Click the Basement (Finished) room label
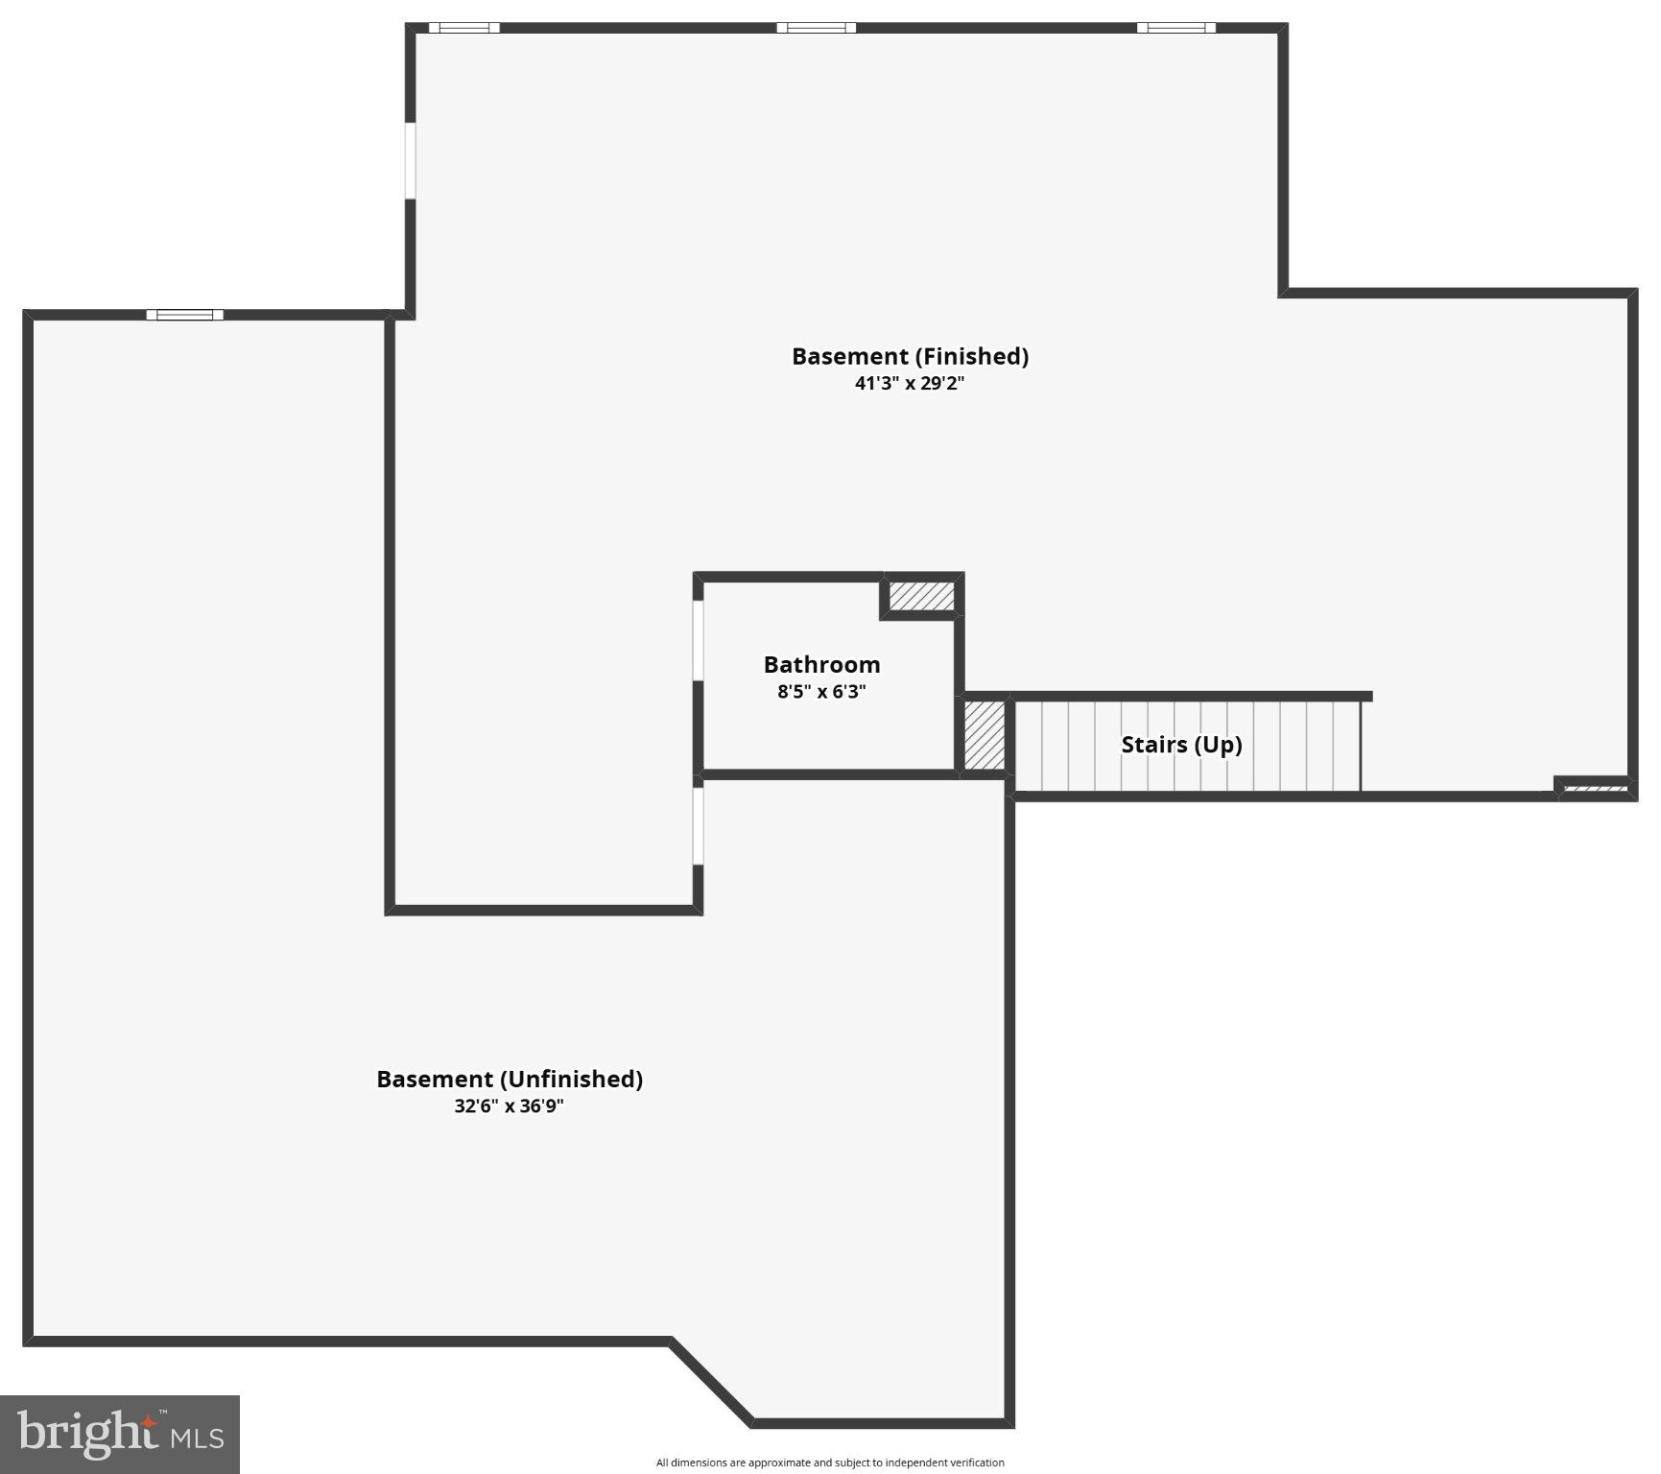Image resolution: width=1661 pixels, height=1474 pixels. point(910,356)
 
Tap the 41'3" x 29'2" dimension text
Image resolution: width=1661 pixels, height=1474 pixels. point(910,384)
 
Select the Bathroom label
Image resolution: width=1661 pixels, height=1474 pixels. point(821,664)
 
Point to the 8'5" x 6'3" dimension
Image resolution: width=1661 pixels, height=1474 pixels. point(821,692)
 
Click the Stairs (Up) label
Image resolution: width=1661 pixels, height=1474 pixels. point(1181,745)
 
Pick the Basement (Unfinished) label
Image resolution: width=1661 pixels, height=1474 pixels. point(510,1079)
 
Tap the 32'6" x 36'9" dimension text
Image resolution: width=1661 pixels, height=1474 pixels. point(509,1105)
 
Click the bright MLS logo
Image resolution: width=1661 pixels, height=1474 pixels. point(120,1434)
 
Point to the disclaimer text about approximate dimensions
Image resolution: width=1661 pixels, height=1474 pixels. point(830,1462)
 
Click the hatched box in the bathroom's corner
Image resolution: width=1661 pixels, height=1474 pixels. point(921,596)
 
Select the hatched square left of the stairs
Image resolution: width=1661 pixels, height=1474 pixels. point(984,735)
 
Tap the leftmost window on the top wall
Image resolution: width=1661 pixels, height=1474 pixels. point(463,28)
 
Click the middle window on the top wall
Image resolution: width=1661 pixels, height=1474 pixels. point(816,28)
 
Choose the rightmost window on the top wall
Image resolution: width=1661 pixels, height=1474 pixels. point(1175,28)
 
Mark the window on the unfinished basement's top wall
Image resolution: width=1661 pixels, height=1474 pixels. point(184,315)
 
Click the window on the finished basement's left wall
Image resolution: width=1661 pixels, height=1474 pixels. point(410,160)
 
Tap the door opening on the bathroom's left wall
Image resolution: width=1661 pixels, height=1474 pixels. point(699,641)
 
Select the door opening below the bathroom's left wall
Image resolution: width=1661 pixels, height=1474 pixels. point(699,825)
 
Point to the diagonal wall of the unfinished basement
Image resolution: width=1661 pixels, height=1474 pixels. point(712,1380)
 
